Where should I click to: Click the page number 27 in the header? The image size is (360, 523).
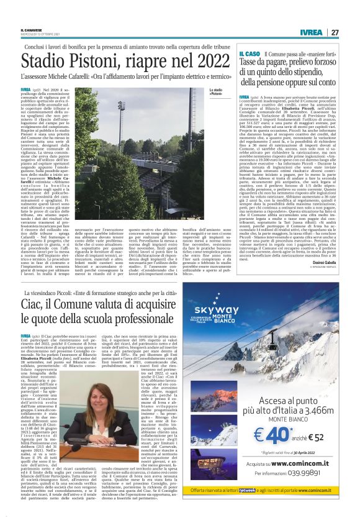point(334,32)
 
